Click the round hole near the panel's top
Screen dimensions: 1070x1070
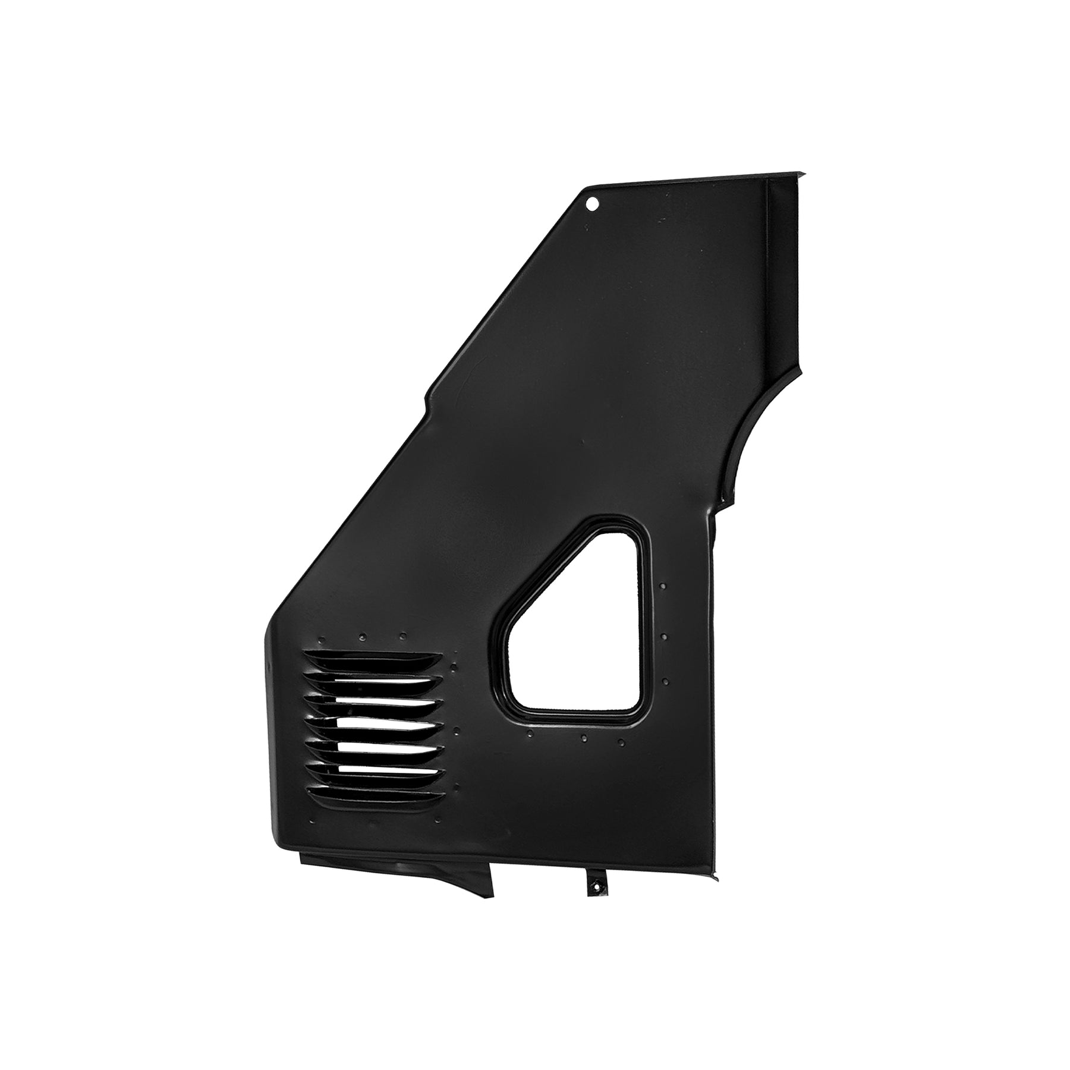(591, 204)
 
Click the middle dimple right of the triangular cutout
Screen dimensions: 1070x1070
(664, 637)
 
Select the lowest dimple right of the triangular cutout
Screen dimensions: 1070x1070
(665, 681)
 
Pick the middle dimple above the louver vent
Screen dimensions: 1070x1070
(362, 638)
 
